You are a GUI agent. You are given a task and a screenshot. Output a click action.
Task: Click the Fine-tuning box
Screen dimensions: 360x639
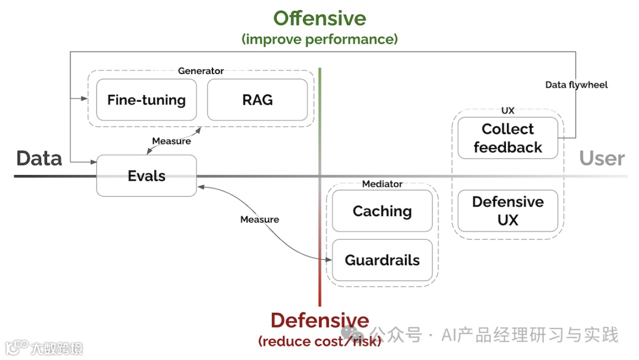[x=146, y=100]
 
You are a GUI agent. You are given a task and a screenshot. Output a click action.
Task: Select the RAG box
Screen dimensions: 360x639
[x=257, y=100]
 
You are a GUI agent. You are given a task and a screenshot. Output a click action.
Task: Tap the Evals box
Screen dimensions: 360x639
[x=146, y=176]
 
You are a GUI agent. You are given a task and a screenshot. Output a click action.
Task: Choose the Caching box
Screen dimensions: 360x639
[x=382, y=211]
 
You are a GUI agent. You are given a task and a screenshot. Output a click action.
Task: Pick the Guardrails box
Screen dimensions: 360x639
[x=382, y=260]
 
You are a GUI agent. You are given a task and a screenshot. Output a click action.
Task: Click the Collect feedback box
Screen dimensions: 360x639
[x=508, y=138]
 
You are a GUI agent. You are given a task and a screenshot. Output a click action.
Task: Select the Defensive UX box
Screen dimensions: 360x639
[x=508, y=211]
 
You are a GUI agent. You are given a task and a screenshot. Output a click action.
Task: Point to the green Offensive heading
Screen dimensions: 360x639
[x=319, y=18]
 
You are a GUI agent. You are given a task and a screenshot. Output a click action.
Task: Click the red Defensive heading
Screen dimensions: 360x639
[x=319, y=320]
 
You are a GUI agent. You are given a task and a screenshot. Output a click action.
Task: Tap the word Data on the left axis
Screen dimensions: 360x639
[x=39, y=158]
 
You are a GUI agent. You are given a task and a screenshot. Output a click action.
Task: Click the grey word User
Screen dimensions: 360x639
[x=602, y=158]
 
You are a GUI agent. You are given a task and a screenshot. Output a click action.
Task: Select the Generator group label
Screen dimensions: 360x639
[x=201, y=71]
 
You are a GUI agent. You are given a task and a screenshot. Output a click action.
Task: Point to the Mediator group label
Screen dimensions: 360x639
[x=382, y=184]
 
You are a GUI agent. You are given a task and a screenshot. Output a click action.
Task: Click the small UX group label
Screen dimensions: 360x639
[x=508, y=111]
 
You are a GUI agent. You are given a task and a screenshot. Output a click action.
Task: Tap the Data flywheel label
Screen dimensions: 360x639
[x=576, y=85]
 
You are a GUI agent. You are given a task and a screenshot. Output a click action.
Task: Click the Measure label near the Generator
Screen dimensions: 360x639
[x=172, y=141]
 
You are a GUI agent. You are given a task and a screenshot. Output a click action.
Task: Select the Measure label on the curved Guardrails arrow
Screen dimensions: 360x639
[x=259, y=219]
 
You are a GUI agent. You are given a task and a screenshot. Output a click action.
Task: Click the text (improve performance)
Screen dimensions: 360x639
[x=319, y=40]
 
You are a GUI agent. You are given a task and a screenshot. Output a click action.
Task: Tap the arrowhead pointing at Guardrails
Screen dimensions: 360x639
[x=329, y=259]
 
